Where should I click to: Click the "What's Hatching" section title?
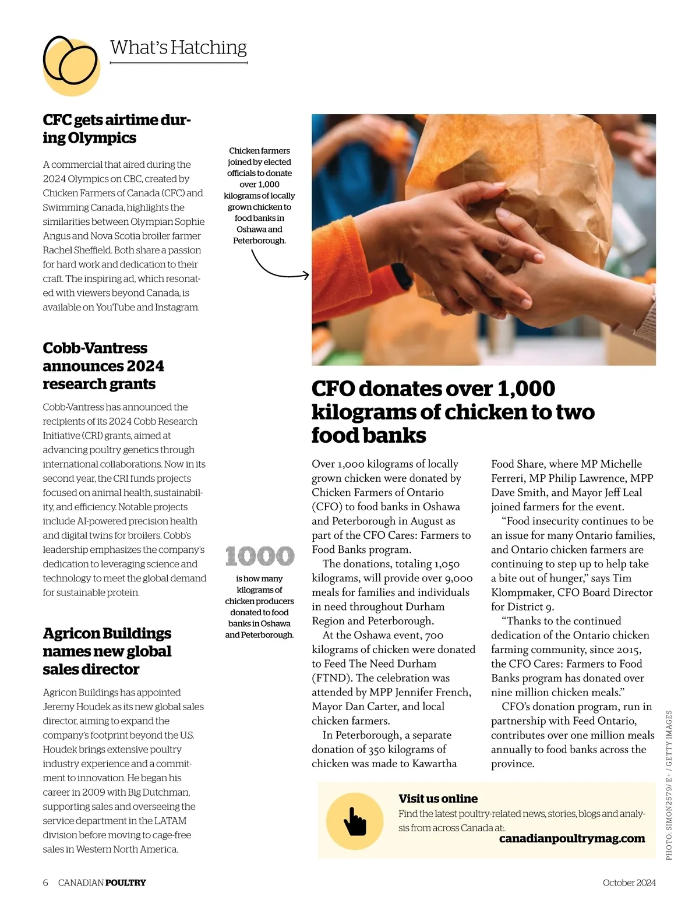(178, 47)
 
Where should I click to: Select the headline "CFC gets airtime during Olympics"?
(116, 129)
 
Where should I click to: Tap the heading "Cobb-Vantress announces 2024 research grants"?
(103, 366)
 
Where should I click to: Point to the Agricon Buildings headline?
(107, 651)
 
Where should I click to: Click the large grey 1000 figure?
(260, 556)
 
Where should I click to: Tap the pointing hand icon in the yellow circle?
(355, 820)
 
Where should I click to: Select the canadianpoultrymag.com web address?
(572, 839)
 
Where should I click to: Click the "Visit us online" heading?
(438, 799)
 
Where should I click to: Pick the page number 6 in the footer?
(45, 883)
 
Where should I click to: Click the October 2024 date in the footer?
(629, 883)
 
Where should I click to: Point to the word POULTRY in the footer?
(126, 883)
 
